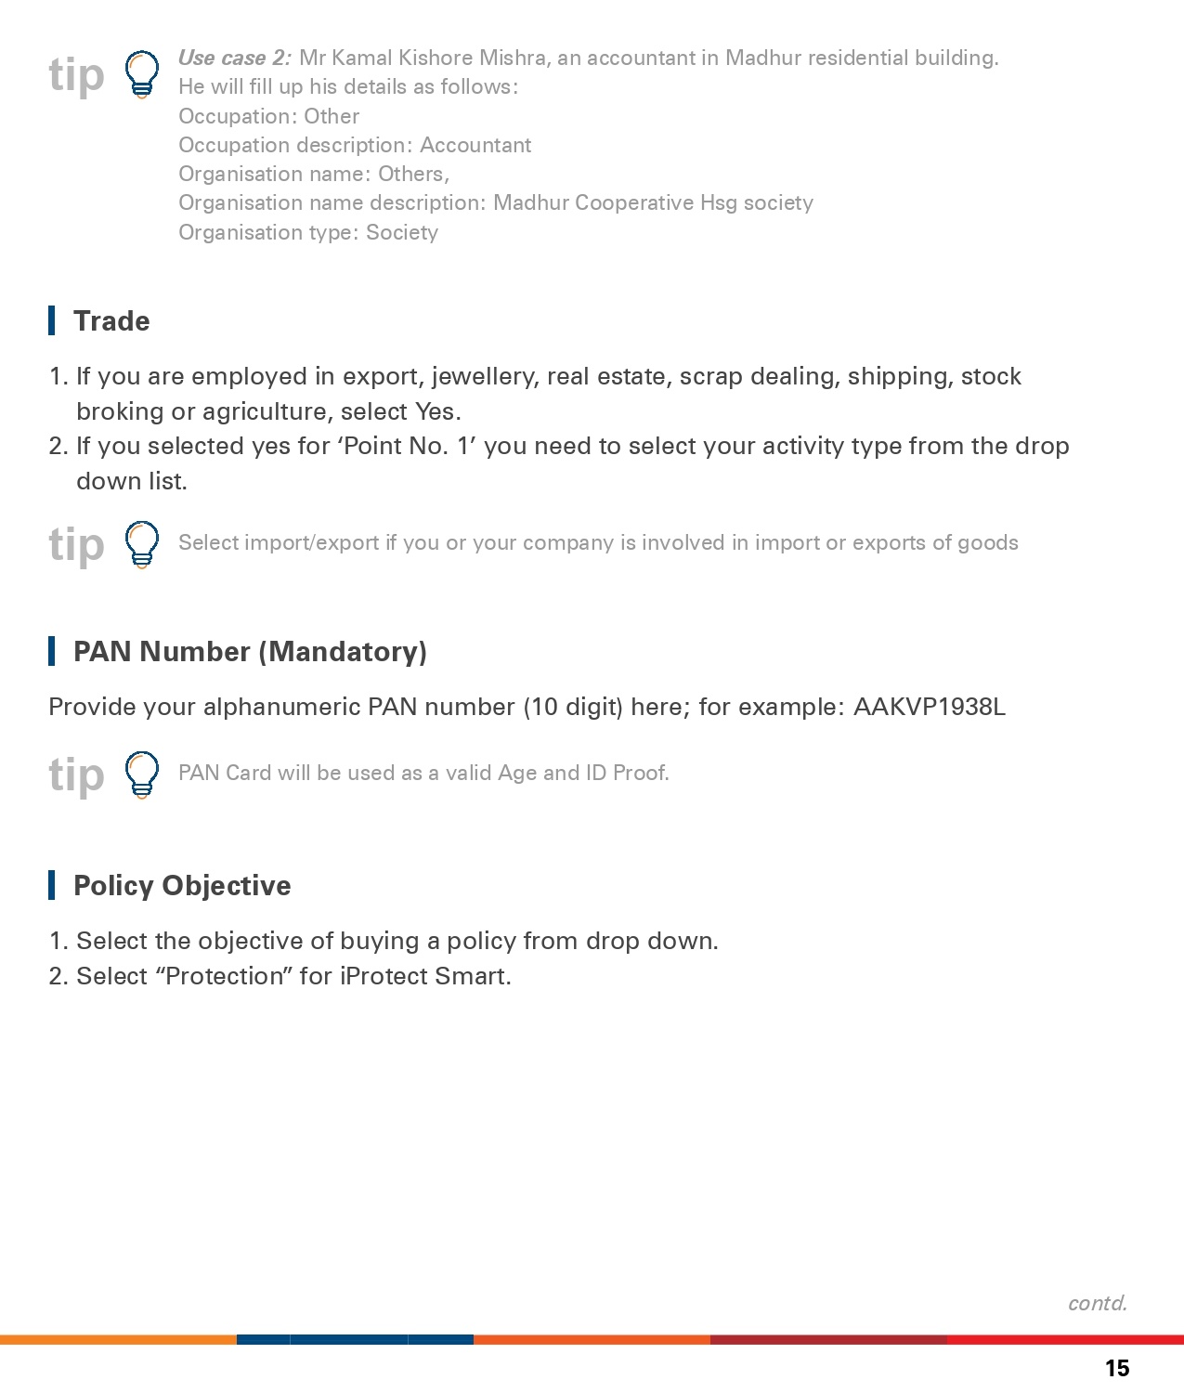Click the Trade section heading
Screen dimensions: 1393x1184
(111, 321)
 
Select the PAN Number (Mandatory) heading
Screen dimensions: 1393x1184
(250, 652)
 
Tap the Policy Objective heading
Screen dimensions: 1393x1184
(182, 886)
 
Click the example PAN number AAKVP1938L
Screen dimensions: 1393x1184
(929, 708)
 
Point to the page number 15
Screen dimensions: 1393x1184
(1117, 1368)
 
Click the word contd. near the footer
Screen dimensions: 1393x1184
(1098, 1303)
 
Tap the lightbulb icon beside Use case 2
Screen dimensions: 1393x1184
(142, 74)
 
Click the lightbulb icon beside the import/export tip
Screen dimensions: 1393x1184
(142, 544)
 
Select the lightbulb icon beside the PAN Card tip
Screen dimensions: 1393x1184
(142, 775)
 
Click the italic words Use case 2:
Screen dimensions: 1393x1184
(235, 59)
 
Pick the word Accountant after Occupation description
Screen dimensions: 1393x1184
(475, 146)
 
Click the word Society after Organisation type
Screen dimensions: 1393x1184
(402, 233)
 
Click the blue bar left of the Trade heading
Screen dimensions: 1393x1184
(52, 320)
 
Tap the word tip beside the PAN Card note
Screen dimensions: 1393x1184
(76, 775)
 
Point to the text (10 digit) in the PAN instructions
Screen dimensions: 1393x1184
(573, 708)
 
